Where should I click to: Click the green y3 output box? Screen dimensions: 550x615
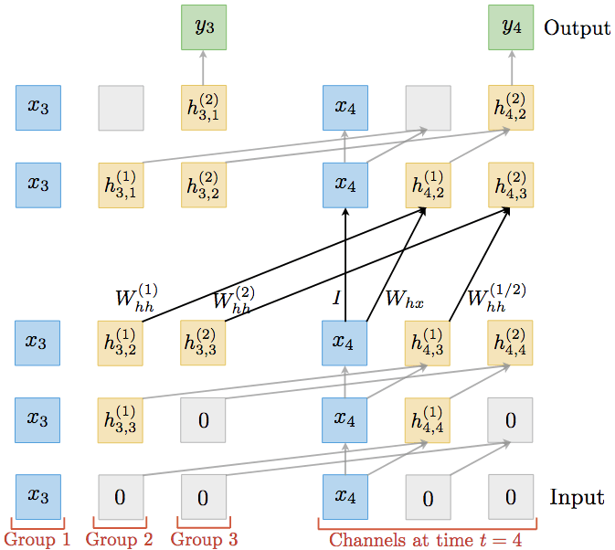tap(203, 27)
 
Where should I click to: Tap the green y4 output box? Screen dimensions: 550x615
tap(510, 27)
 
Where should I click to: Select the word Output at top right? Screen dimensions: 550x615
tap(577, 28)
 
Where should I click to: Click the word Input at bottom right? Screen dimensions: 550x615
tap(577, 497)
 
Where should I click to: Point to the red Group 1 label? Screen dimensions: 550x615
tap(37, 539)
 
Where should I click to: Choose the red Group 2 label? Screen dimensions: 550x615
tap(119, 539)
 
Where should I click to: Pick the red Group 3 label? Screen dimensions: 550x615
tap(204, 539)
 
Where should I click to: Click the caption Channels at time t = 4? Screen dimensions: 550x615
tap(426, 540)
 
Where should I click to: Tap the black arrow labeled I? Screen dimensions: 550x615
tap(345, 265)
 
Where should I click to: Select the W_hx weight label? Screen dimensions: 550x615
tap(403, 300)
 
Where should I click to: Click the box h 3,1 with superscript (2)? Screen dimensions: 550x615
tap(203, 108)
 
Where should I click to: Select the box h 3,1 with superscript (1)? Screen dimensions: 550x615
tap(121, 185)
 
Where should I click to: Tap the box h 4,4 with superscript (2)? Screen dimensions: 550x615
tap(510, 343)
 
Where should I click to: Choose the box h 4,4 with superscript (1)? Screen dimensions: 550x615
tap(428, 420)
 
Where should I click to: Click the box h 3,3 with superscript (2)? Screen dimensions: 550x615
tap(203, 343)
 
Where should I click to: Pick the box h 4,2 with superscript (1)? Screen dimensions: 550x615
tap(428, 185)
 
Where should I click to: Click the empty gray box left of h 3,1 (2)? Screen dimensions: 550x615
tap(121, 108)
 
